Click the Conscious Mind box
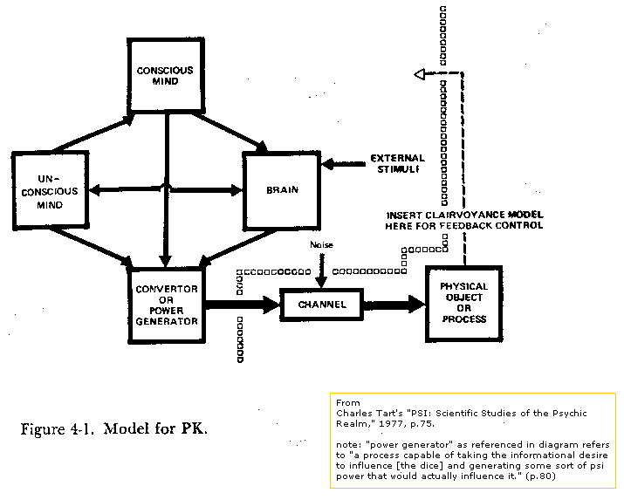[x=166, y=75]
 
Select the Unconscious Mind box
[x=50, y=190]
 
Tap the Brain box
[x=282, y=190]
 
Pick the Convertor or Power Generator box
[x=167, y=305]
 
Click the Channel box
[x=321, y=305]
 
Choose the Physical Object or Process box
[x=464, y=304]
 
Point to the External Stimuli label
[x=398, y=163]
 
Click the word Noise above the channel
[x=321, y=244]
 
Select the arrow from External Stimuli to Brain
[x=344, y=163]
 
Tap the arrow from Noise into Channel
[x=321, y=271]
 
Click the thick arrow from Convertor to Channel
[x=243, y=305]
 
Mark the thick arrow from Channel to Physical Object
[x=394, y=305]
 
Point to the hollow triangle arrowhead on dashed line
[x=420, y=74]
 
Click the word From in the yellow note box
[x=348, y=402]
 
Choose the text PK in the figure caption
[x=195, y=428]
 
